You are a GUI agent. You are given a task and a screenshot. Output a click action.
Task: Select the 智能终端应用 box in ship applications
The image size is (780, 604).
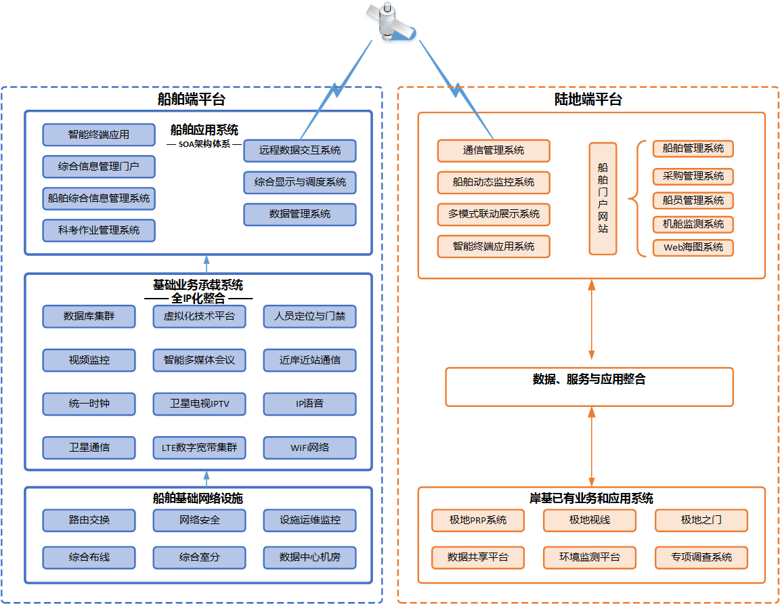[x=99, y=135]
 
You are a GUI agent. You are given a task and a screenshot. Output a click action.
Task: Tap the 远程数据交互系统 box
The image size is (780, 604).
[x=299, y=150]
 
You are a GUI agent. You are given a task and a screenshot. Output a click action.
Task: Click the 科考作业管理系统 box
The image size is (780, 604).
[x=99, y=230]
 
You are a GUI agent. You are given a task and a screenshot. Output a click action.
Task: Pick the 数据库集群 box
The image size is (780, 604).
[x=89, y=316]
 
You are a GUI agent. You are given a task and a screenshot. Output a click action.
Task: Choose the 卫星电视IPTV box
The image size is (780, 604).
[x=199, y=404]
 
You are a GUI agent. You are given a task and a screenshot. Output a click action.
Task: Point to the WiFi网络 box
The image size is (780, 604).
[x=309, y=448]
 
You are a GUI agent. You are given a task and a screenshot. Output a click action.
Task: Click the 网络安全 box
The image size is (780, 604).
[x=199, y=521]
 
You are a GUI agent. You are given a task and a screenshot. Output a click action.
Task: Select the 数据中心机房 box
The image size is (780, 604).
[x=309, y=557]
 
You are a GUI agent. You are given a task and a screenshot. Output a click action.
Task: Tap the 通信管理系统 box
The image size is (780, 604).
[x=494, y=150]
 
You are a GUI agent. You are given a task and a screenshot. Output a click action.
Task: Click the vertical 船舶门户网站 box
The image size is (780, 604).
[x=603, y=198]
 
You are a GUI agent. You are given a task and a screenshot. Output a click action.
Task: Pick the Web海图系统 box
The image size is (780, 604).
[x=693, y=248]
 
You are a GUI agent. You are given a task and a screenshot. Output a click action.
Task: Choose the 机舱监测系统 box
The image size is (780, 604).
[x=693, y=224]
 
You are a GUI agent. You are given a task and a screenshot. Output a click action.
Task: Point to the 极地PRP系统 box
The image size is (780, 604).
[x=478, y=521]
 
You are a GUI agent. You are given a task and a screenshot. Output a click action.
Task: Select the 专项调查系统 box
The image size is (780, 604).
[x=701, y=557]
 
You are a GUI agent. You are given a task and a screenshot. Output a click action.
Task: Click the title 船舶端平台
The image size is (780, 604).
[x=191, y=100]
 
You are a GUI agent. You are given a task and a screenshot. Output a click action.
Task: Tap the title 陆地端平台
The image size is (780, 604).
[x=588, y=100]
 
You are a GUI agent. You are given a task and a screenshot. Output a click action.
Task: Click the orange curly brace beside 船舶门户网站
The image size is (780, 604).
[x=634, y=198]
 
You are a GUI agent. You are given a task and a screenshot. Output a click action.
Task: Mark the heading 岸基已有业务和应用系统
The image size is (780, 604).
[x=591, y=499]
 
